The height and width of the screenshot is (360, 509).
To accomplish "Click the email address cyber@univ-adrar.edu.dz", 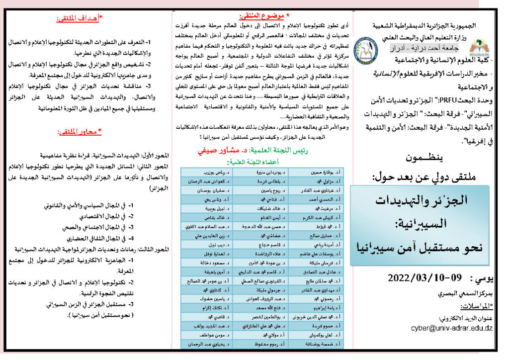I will coord(452,328).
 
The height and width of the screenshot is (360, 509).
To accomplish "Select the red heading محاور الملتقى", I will coord(79,132).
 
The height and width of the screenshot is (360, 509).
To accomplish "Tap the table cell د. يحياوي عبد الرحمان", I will coord(207,344).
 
